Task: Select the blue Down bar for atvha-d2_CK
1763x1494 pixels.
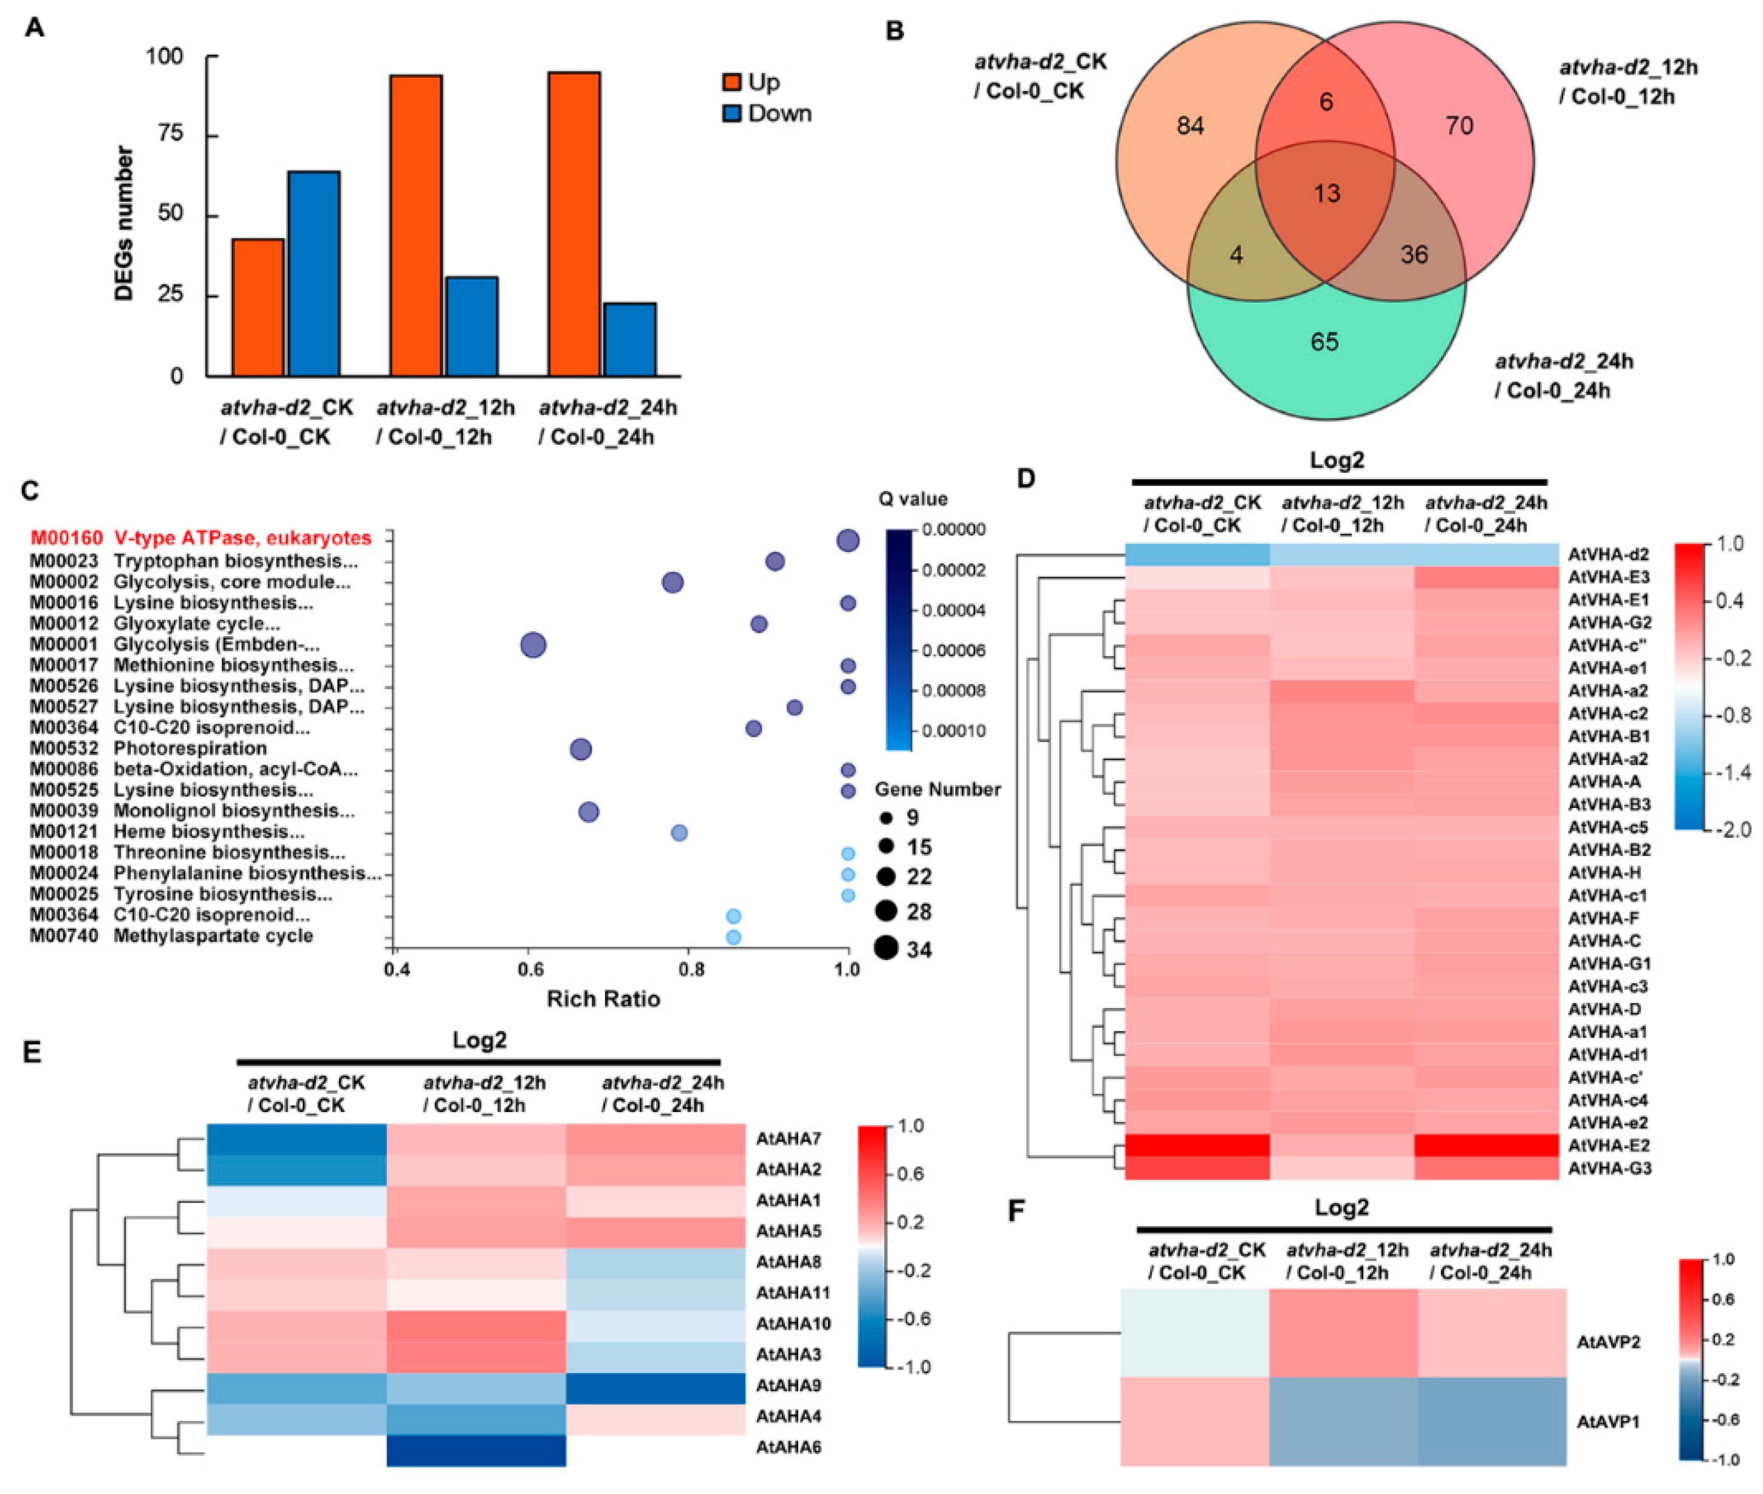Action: (313, 273)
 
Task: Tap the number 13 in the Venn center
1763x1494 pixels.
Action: (1326, 193)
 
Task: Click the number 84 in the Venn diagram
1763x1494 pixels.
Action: (1190, 126)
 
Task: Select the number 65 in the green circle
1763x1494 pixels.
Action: (1324, 341)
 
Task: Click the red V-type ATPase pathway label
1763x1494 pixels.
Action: (200, 538)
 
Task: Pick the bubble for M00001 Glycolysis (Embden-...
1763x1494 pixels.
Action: (533, 645)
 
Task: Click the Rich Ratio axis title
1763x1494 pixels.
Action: (603, 999)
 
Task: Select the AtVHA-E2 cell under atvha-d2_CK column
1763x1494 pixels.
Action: (1197, 1145)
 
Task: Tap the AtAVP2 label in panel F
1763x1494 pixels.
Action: (1607, 1342)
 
